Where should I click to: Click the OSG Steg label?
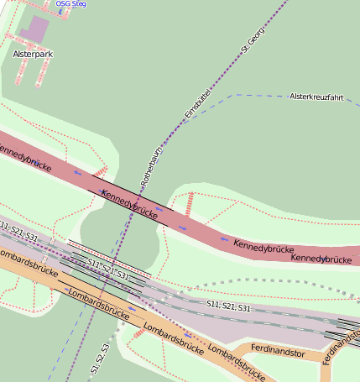tap(70, 4)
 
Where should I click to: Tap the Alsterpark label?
tap(33, 53)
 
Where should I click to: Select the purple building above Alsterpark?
tap(34, 29)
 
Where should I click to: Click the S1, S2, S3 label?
tap(100, 358)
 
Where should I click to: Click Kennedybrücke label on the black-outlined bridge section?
tap(129, 204)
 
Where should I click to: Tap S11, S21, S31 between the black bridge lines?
tap(108, 269)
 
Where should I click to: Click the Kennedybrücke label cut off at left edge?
tap(23, 154)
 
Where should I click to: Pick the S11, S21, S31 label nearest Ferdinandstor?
tap(228, 306)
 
